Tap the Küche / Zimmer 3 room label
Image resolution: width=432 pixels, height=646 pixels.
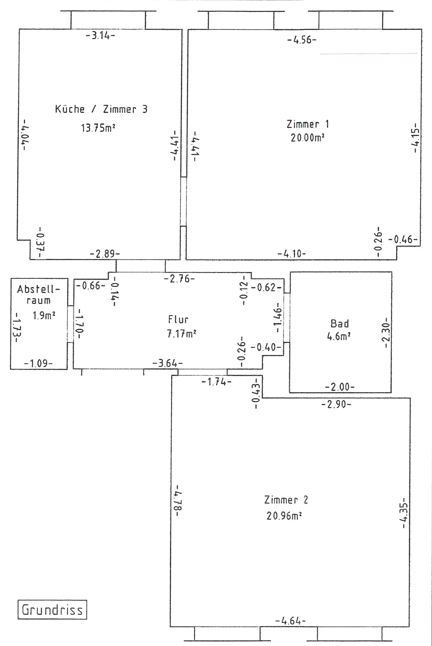pyautogui.click(x=101, y=109)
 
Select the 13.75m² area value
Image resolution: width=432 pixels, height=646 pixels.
pyautogui.click(x=98, y=128)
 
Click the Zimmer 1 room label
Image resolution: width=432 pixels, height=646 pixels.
pyautogui.click(x=307, y=124)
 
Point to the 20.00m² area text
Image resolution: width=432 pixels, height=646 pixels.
pyautogui.click(x=307, y=138)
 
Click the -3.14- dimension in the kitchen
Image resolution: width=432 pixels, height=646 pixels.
pyautogui.click(x=100, y=36)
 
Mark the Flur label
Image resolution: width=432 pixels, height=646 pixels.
pyautogui.click(x=178, y=320)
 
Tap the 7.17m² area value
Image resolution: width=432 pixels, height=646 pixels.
pyautogui.click(x=181, y=334)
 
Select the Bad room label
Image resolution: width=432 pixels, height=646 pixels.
pyautogui.click(x=339, y=324)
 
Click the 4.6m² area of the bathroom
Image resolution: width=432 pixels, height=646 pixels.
pyautogui.click(x=338, y=337)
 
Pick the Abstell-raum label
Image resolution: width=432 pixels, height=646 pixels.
pyautogui.click(x=38, y=295)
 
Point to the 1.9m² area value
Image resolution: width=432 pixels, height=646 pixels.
pyautogui.click(x=44, y=315)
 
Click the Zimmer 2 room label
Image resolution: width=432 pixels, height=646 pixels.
pyautogui.click(x=286, y=500)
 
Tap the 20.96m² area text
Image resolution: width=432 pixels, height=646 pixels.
pyautogui.click(x=284, y=516)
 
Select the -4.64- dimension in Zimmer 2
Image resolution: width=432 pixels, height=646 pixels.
pyautogui.click(x=290, y=621)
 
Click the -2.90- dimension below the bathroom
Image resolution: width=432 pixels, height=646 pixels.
pyautogui.click(x=336, y=404)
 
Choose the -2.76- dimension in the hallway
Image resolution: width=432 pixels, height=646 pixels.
pyautogui.click(x=179, y=279)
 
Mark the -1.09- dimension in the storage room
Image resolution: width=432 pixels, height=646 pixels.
pyautogui.click(x=38, y=363)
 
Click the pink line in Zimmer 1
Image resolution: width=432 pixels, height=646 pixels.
pyautogui.click(x=368, y=54)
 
